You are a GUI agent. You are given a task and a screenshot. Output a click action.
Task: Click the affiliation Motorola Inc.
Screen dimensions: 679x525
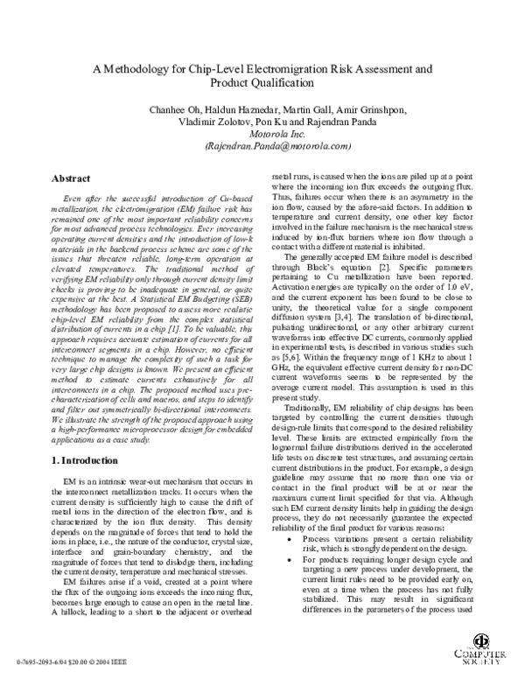pyautogui.click(x=262, y=136)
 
